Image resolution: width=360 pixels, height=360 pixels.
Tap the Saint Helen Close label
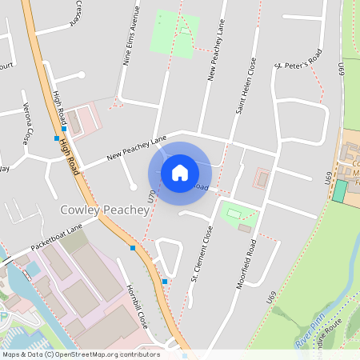pos(244,86)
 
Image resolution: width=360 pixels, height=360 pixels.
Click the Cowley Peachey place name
pos(105,210)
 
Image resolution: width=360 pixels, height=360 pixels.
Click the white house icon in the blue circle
pos(180,172)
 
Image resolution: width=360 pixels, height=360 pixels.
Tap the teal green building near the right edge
pos(340,191)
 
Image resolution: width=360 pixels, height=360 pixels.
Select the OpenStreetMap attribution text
pos(80,354)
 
